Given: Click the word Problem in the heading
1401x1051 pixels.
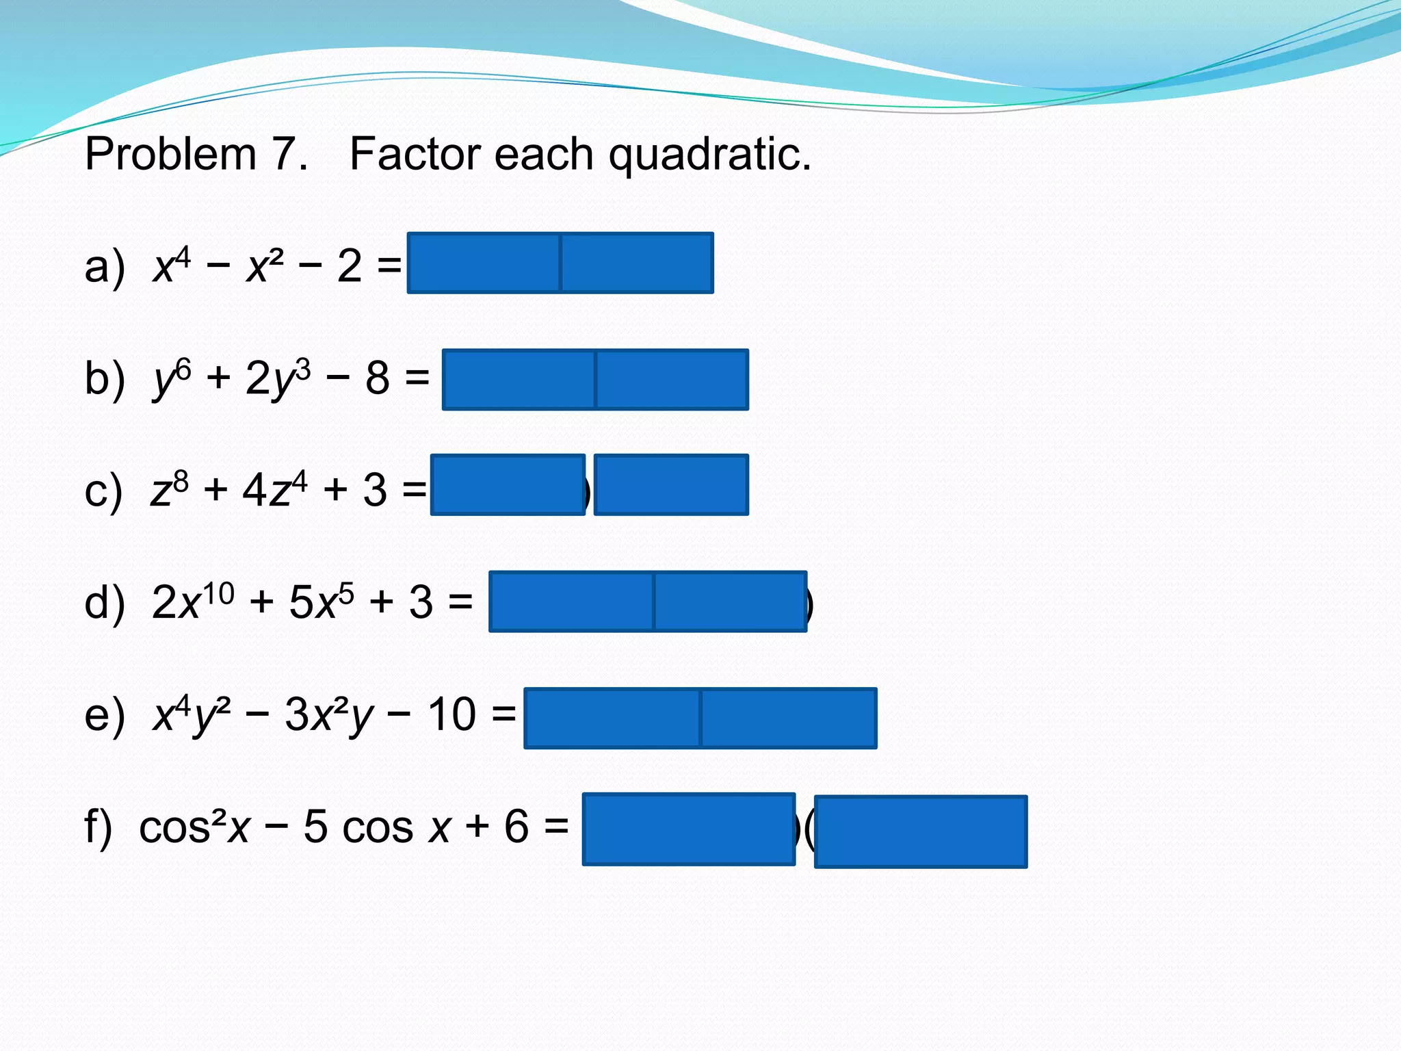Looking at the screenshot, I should pos(170,154).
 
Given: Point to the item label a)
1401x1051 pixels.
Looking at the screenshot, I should pos(105,266).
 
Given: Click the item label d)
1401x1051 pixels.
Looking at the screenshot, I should pos(105,603).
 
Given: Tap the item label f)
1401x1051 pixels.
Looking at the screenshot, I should pos(98,827).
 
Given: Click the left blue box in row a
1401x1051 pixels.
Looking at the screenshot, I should pos(484,263).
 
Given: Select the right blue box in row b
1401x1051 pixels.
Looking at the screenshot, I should pos(672,380).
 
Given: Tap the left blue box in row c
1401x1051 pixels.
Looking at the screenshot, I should pos(508,484).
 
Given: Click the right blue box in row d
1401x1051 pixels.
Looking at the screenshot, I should pos(730,601).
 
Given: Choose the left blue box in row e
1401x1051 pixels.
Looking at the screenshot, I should pos(612,718).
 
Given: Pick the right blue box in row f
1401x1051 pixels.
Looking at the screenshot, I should pos(921,831).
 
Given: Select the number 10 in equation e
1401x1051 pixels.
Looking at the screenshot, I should pos(451,715).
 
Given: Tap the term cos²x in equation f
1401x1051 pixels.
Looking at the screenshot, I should pos(195,827).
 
